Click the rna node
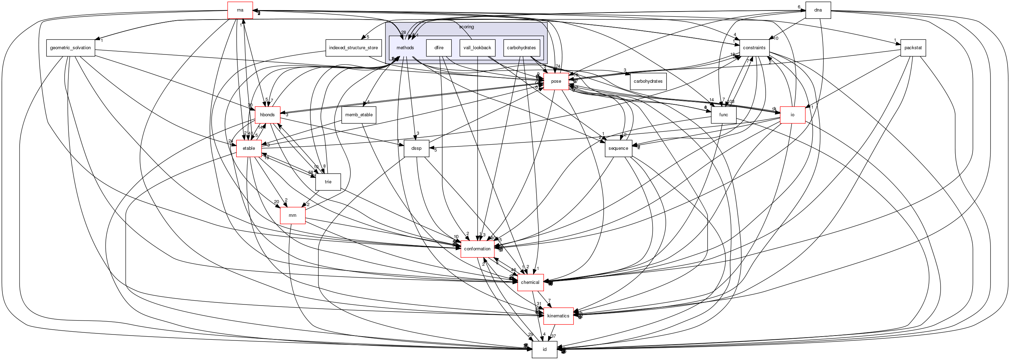point(240,10)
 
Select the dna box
point(818,10)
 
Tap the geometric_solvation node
point(71,48)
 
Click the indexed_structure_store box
point(353,48)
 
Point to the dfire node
point(439,48)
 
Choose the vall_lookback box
point(477,48)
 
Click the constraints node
point(754,48)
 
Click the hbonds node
point(267,115)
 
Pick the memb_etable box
point(359,115)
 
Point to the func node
point(723,115)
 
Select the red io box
point(792,115)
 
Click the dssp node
point(416,149)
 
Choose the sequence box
point(618,149)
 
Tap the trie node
point(328,182)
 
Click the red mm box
point(293,216)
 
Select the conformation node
point(477,249)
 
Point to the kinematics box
point(558,316)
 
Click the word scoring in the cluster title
point(466,27)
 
